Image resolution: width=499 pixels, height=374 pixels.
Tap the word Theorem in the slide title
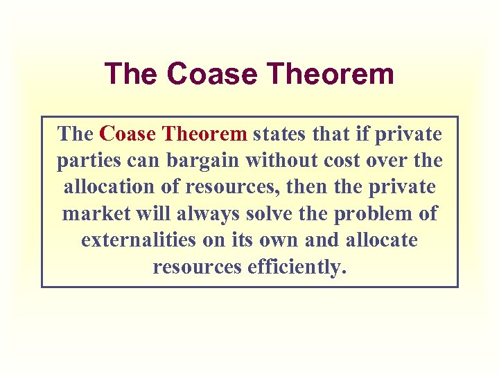335,74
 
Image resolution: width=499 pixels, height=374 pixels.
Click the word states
277,133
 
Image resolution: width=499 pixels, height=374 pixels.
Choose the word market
97,213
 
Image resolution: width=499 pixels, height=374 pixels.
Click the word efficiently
296,267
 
